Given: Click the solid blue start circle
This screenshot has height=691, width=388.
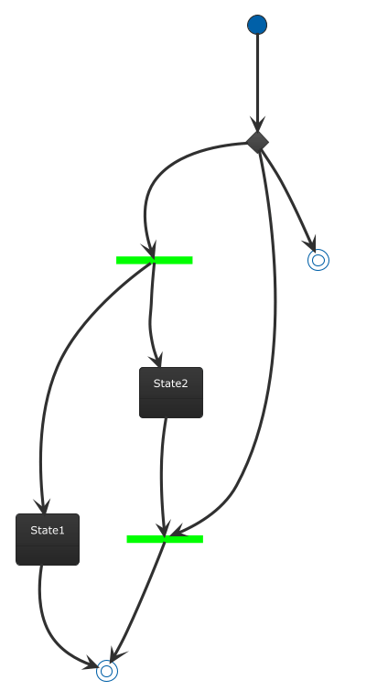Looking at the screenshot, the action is (257, 25).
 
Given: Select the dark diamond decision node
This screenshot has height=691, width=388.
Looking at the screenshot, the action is (258, 143).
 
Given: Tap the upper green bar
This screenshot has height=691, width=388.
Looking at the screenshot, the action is (154, 260).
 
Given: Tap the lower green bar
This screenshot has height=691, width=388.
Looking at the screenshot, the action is (165, 539).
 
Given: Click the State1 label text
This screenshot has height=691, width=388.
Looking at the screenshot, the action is (48, 530).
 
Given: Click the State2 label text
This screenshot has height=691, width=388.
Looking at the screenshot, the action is (171, 383).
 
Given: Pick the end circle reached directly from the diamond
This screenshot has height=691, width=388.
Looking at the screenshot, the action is (318, 260).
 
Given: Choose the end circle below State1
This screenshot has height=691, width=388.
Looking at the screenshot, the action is (107, 671).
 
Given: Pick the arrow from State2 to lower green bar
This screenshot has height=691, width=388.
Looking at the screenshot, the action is (162, 476).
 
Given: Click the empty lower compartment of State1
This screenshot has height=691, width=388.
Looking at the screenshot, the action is (48, 556).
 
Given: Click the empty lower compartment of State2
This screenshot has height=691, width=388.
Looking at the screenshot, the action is (171, 408).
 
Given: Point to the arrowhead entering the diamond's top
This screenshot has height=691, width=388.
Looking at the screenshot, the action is (257, 124).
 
